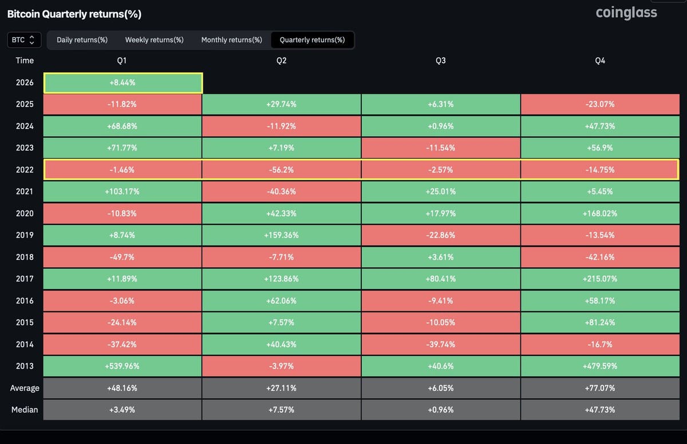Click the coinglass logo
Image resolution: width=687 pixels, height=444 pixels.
pos(626,13)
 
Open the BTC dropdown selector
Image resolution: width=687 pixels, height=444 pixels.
pos(24,40)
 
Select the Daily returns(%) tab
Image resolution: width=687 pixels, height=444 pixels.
pos(82,40)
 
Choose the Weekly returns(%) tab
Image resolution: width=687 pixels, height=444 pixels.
pos(154,40)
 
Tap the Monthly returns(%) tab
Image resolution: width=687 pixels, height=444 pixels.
pos(231,40)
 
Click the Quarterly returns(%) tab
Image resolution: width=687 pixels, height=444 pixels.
pos(312,40)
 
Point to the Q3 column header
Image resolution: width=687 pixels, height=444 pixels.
pos(441,61)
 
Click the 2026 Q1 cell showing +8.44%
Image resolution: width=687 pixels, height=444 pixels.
pos(123,82)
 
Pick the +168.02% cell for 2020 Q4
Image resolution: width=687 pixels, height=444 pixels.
pos(600,213)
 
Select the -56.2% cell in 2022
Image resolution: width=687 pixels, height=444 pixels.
pos(281,170)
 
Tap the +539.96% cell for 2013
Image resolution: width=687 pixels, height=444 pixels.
pos(123,366)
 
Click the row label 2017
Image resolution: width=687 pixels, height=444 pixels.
pos(25,279)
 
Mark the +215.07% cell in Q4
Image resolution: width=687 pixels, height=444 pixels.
pos(600,279)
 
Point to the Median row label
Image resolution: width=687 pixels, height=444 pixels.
pos(25,410)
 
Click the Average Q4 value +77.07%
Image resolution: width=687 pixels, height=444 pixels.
pos(600,388)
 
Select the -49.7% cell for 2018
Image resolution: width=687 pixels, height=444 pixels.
pos(123,257)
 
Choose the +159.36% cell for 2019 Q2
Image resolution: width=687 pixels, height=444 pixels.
pos(281,235)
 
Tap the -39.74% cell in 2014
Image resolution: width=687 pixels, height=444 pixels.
pos(441,344)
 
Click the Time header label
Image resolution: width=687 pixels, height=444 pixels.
pos(25,61)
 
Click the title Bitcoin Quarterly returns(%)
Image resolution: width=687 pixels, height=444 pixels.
pos(74,14)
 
